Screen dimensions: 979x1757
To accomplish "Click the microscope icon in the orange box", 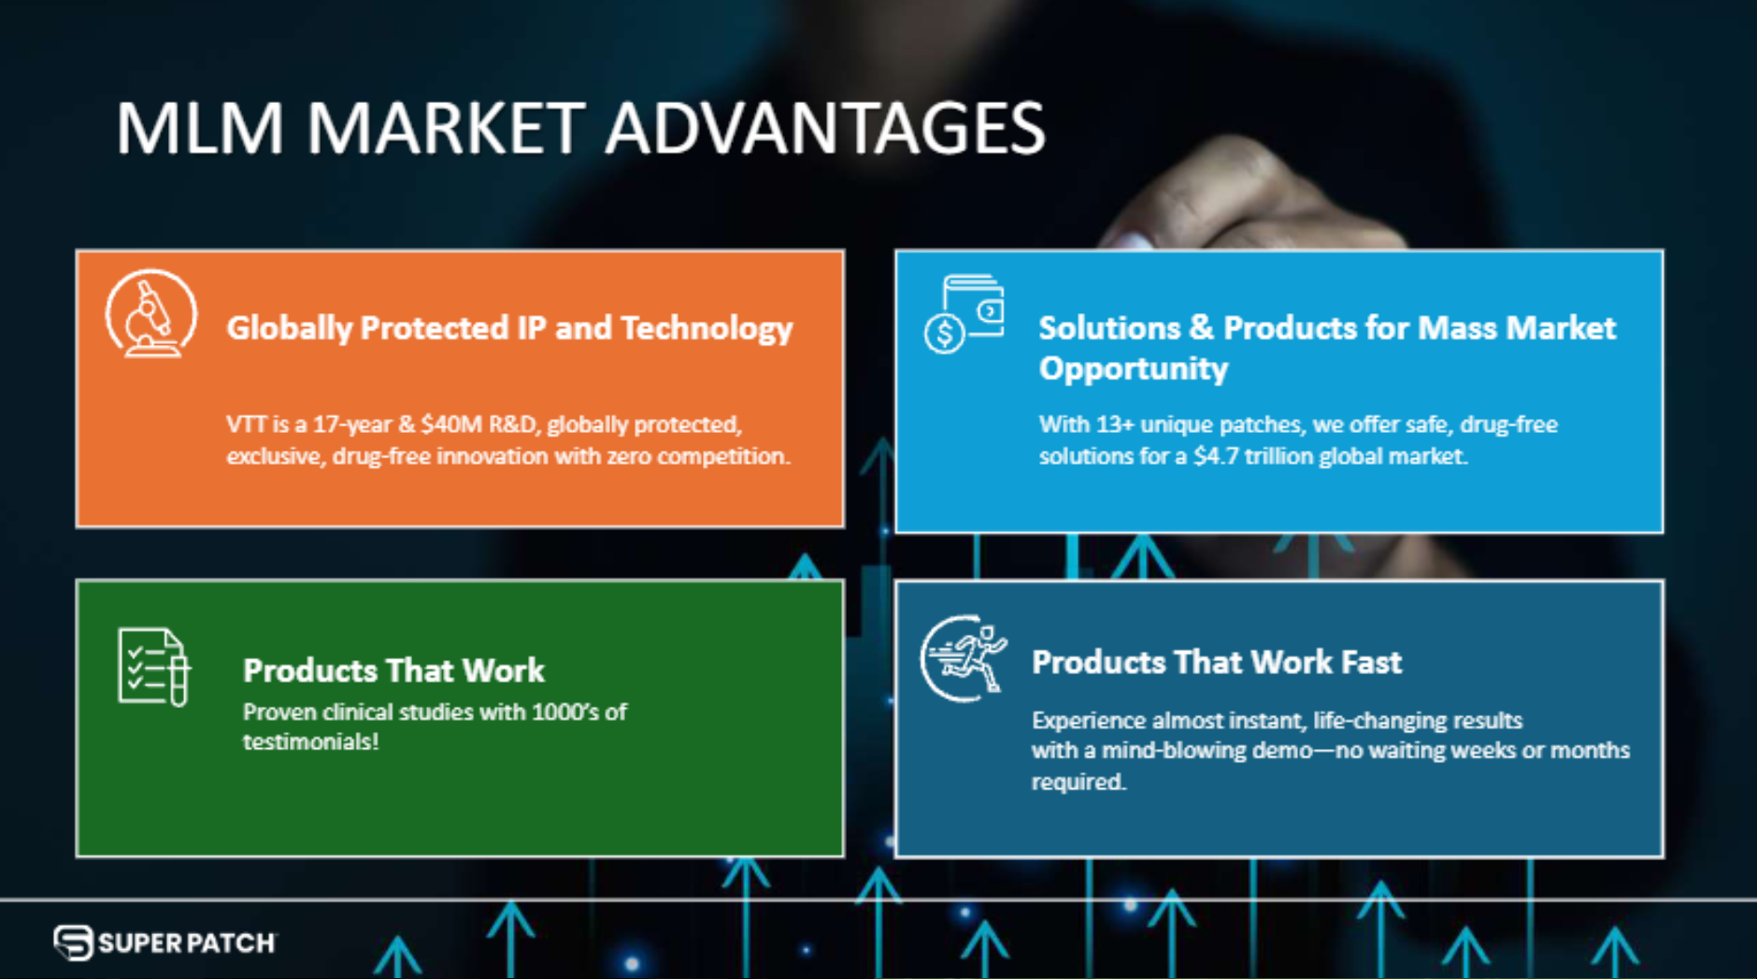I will coord(150,315).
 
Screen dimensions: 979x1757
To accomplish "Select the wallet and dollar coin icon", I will coord(964,313).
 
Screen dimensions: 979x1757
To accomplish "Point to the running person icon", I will coord(964,658).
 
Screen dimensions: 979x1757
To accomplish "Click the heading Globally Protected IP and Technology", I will coord(508,328).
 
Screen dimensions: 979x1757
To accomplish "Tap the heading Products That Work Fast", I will coord(1216,662).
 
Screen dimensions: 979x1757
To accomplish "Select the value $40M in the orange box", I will coord(450,425).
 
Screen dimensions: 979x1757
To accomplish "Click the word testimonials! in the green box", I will coord(310,742).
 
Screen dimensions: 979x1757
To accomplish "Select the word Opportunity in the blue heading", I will coord(1133,368).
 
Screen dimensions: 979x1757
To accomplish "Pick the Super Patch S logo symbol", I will coord(73,943).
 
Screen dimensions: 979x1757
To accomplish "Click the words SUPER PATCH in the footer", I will coord(186,943).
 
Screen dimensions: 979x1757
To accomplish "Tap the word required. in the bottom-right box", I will coord(1078,782).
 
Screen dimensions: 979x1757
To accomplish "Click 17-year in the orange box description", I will coord(351,425).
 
